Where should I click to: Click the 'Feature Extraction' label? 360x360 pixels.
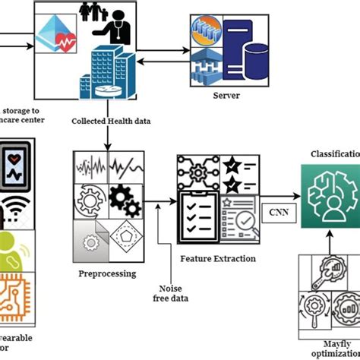point(217,258)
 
